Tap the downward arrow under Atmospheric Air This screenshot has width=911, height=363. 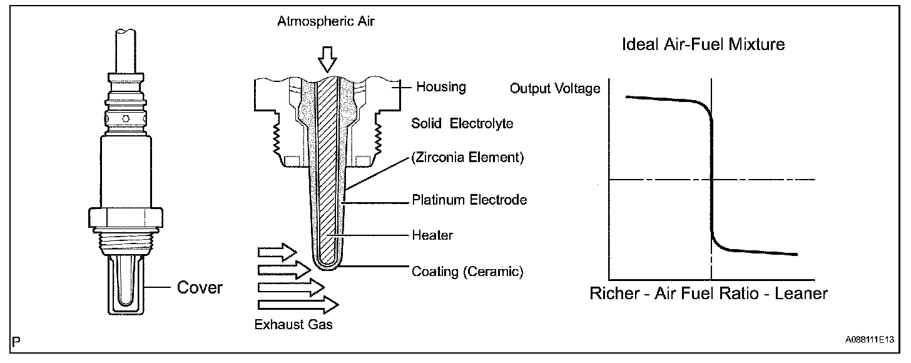(x=326, y=61)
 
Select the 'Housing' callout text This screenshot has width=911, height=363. (x=441, y=87)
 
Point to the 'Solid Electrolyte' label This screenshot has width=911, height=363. (x=462, y=123)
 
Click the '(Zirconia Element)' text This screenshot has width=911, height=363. (x=467, y=158)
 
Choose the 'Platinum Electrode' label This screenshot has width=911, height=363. (x=469, y=200)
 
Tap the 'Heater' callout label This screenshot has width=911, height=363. (x=432, y=236)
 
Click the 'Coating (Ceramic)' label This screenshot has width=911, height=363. (x=467, y=272)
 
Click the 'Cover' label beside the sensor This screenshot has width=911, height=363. (x=200, y=287)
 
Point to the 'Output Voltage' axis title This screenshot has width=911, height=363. (x=554, y=88)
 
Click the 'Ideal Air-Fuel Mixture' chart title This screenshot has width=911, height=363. (x=703, y=44)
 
